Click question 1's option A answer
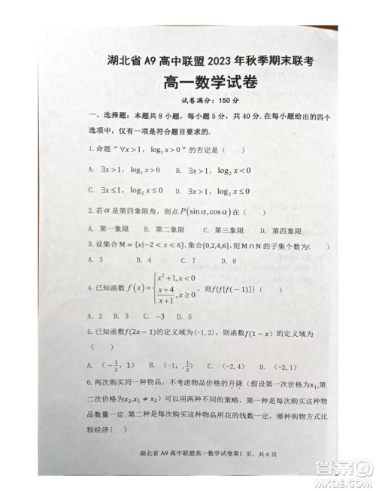coord(125,170)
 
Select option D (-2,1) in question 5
coord(269,367)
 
